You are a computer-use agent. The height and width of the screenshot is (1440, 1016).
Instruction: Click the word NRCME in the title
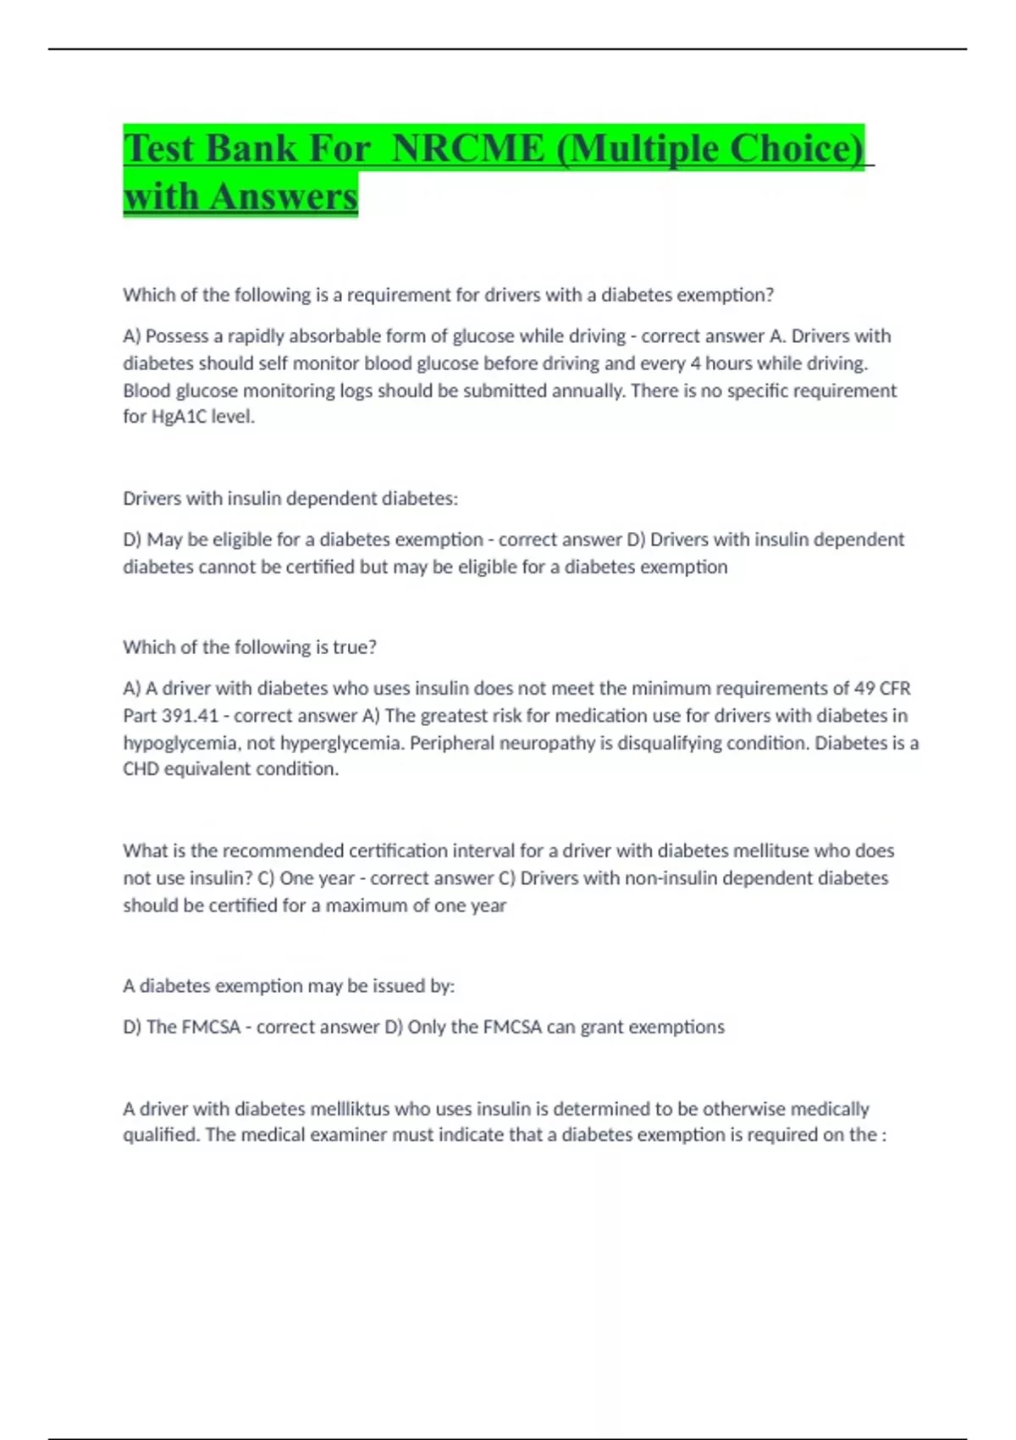click(x=469, y=148)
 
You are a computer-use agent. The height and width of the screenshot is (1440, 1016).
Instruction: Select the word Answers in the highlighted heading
click(x=284, y=197)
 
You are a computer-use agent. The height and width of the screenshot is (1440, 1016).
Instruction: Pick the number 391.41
click(x=190, y=716)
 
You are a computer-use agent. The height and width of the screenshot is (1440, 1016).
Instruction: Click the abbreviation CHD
click(x=141, y=769)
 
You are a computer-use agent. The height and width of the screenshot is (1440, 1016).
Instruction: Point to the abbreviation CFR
click(x=895, y=689)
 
